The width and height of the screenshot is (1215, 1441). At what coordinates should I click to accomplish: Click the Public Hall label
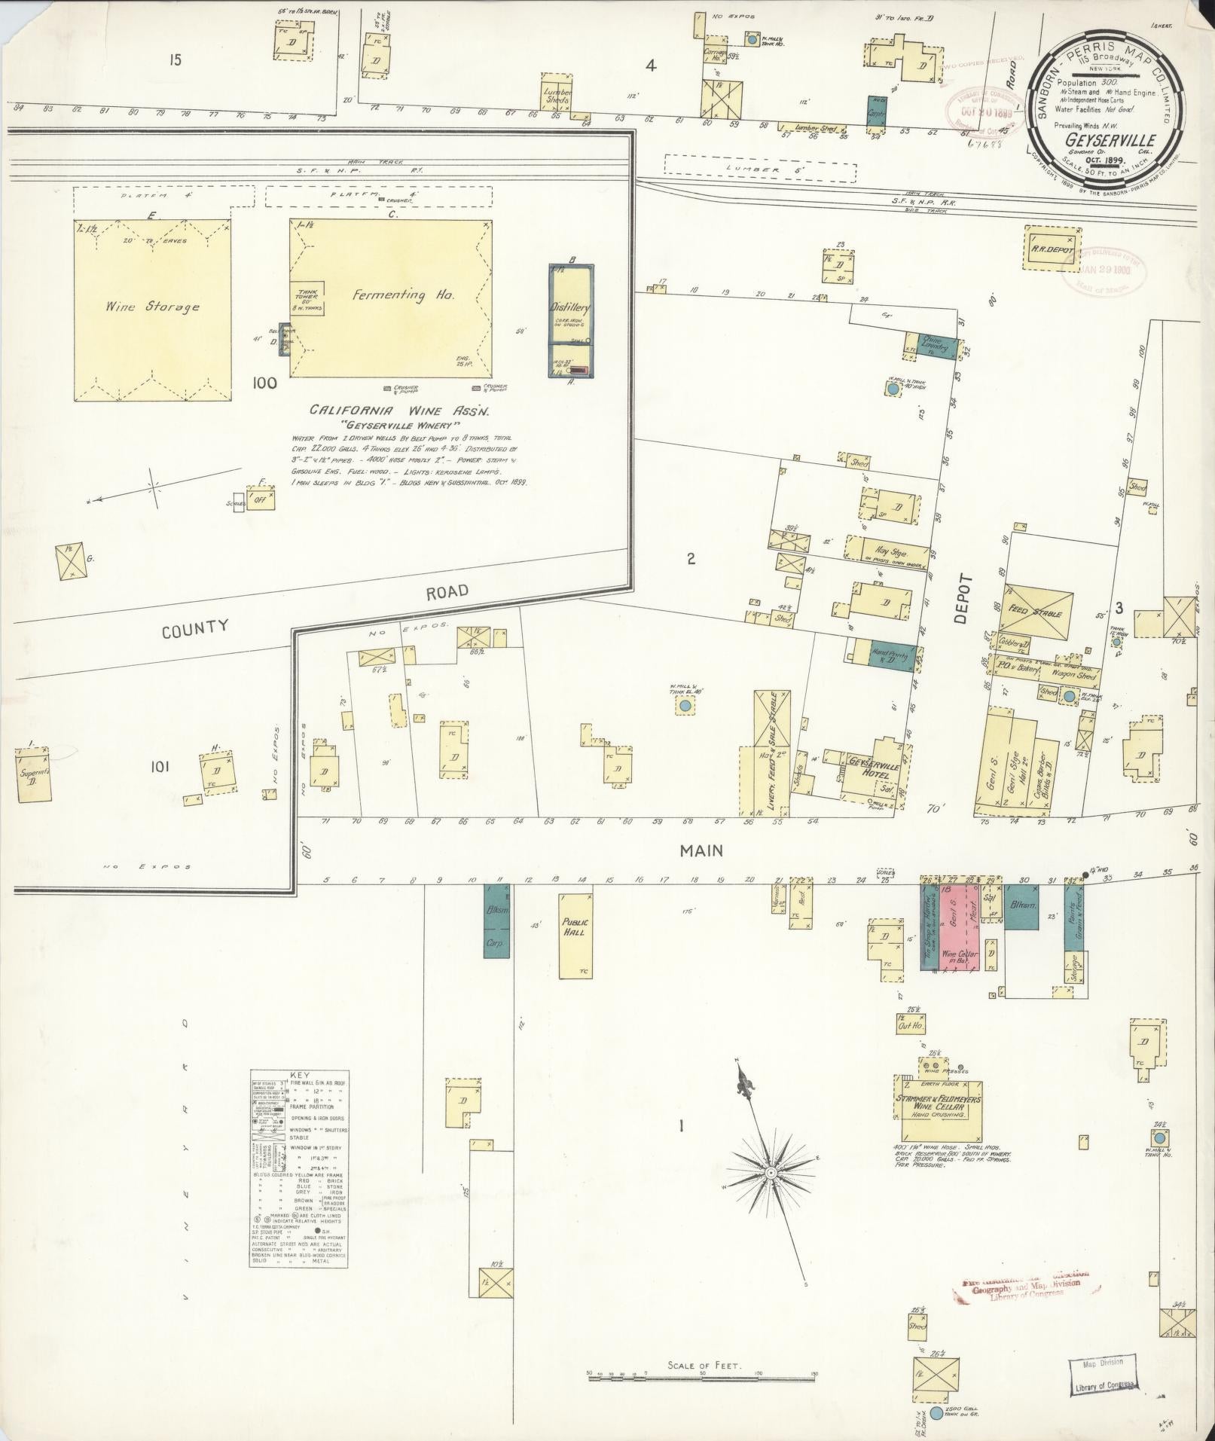point(575,927)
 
